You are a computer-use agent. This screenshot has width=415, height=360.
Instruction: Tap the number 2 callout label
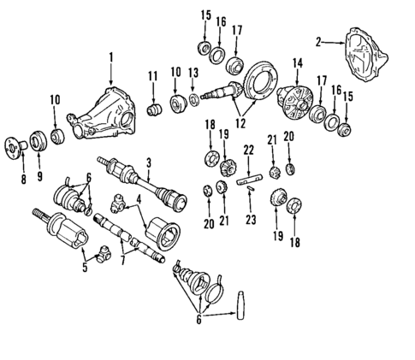(318, 41)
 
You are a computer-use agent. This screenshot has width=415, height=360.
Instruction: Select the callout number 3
(148, 162)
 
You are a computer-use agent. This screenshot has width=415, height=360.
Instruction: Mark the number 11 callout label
(153, 77)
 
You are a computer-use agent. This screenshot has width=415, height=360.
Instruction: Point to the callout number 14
(297, 62)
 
